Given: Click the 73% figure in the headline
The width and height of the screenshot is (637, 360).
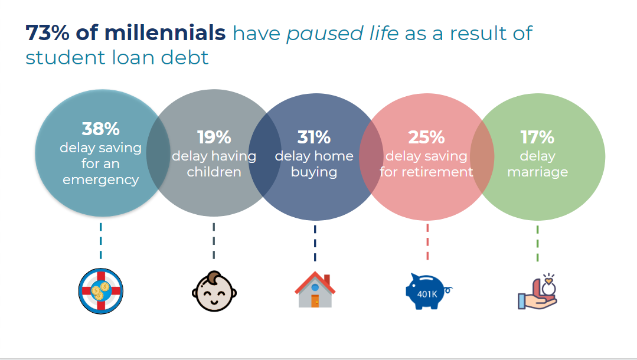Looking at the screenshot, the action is (x=48, y=32).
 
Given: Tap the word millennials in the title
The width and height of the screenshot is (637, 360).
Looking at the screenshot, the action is (x=165, y=32).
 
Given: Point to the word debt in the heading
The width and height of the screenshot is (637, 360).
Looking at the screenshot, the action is (x=184, y=57).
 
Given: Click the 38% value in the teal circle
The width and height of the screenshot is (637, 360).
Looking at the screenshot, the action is (x=101, y=129).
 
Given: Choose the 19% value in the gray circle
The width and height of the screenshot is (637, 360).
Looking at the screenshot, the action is (x=214, y=138).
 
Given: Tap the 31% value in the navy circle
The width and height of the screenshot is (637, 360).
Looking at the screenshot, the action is (x=313, y=138).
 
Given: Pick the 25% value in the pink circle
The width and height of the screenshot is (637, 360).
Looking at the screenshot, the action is (x=427, y=138).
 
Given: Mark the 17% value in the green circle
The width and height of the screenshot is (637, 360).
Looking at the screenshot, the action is (x=537, y=138).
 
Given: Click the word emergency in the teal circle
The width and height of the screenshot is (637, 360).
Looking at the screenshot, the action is (x=101, y=180).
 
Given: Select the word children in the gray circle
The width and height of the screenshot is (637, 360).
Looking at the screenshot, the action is (x=214, y=172).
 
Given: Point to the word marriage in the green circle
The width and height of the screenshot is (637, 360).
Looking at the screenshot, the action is (x=537, y=172).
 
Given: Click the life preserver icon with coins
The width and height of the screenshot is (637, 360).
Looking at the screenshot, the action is (x=101, y=291).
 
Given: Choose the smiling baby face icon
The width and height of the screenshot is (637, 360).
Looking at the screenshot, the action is (x=214, y=292).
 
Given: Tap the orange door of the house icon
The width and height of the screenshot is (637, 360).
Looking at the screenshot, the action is (x=315, y=300).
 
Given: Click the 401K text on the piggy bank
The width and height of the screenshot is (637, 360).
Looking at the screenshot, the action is (x=427, y=294).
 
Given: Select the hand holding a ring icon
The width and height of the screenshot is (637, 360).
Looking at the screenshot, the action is (x=537, y=292).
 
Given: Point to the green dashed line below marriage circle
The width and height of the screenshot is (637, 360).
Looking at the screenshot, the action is (x=537, y=243).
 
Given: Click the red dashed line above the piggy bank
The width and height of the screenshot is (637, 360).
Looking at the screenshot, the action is (x=427, y=242).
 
